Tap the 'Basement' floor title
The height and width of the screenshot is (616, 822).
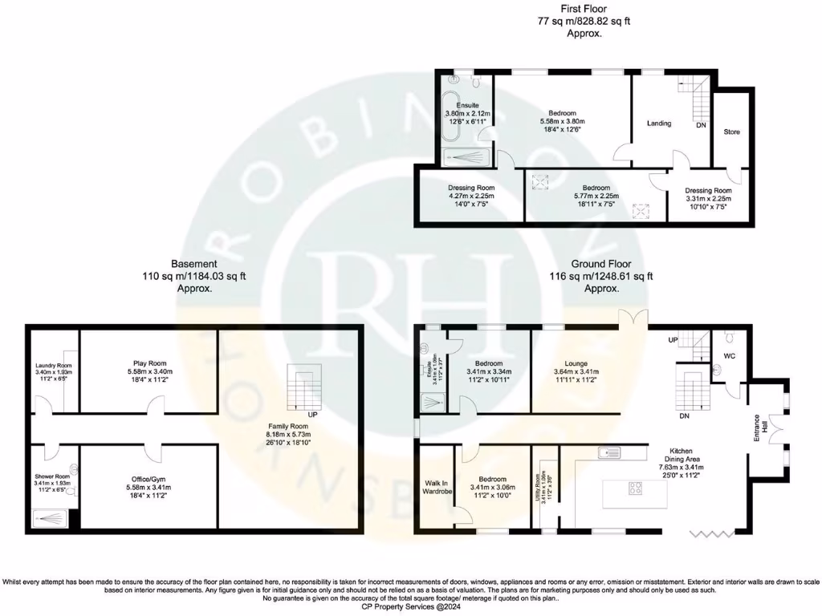coord(194,263)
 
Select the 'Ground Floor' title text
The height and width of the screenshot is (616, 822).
coord(600,263)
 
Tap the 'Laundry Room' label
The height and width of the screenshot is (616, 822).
coord(54,367)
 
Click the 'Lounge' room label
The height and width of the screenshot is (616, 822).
coord(571,363)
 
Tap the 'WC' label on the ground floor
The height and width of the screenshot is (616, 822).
coord(730,355)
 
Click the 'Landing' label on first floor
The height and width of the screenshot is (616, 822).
coord(659,124)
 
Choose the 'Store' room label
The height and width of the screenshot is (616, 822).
coord(731,132)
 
